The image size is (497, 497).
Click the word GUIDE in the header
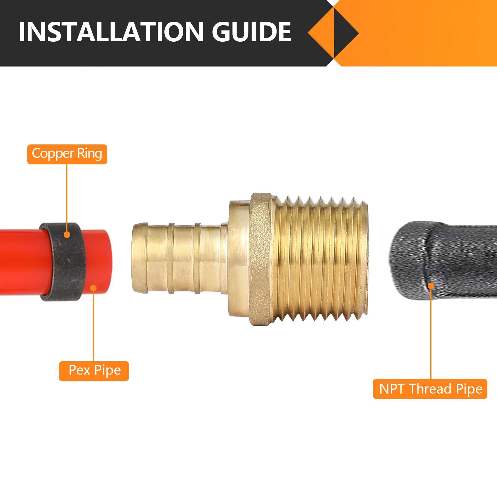251,32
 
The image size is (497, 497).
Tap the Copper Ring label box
67,154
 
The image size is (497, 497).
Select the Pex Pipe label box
94,371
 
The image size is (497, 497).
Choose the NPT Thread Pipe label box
430,389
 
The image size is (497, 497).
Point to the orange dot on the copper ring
67,235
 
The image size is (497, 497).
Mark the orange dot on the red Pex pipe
93,288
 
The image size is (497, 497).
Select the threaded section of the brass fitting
320,259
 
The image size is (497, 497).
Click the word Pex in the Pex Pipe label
79,371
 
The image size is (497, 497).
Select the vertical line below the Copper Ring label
67,199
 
